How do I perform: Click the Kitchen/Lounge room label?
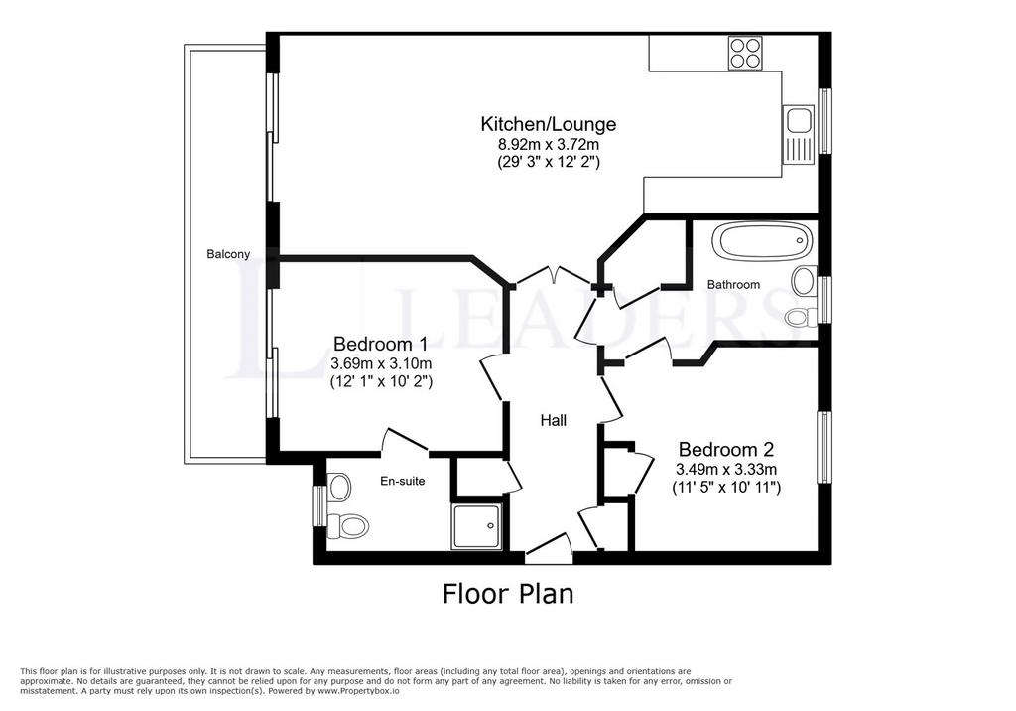(x=548, y=123)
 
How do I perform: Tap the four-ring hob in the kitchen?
(x=745, y=53)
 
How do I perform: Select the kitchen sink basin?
(x=799, y=121)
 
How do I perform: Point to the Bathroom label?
(x=733, y=285)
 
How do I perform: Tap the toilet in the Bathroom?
(x=801, y=317)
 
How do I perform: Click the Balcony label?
(x=228, y=254)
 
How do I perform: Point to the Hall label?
(x=554, y=421)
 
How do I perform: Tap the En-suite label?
(x=403, y=481)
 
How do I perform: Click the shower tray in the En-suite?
(x=477, y=526)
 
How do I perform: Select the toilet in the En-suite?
(x=348, y=524)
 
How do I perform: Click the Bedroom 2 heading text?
(x=726, y=449)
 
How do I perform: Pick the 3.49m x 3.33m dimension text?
(x=726, y=469)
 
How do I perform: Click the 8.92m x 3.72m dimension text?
(x=548, y=143)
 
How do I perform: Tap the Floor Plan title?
(x=508, y=594)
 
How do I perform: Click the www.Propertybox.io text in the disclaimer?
(x=358, y=691)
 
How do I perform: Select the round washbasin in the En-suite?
(x=339, y=487)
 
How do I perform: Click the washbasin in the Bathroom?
(x=804, y=281)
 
